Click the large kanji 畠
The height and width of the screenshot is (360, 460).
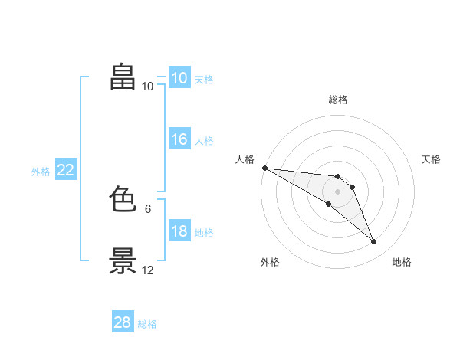click(123, 77)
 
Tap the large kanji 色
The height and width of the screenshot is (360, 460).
click(123, 198)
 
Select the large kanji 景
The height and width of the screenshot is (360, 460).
click(123, 260)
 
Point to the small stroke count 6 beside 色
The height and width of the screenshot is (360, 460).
click(148, 209)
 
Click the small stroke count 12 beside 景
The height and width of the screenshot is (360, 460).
click(147, 270)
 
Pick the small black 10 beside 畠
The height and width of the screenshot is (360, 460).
click(147, 87)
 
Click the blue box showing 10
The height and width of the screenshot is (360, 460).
click(179, 77)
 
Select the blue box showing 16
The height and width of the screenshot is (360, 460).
click(179, 139)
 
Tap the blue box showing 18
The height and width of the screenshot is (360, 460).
click(179, 230)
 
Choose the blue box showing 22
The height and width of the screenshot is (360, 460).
click(66, 169)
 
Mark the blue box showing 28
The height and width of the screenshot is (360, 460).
click(123, 321)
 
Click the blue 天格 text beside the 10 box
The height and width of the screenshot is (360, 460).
click(204, 80)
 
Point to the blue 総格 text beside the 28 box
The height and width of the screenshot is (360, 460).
click(147, 324)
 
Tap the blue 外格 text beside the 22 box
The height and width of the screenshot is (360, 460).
click(41, 172)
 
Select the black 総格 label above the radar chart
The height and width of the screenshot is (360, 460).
click(338, 100)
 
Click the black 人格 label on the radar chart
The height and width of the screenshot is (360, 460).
click(245, 159)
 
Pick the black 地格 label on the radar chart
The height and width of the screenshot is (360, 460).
click(402, 262)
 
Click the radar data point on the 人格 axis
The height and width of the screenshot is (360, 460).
click(265, 168)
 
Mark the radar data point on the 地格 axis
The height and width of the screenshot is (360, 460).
click(374, 241)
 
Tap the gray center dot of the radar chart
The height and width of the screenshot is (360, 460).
click(337, 191)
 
